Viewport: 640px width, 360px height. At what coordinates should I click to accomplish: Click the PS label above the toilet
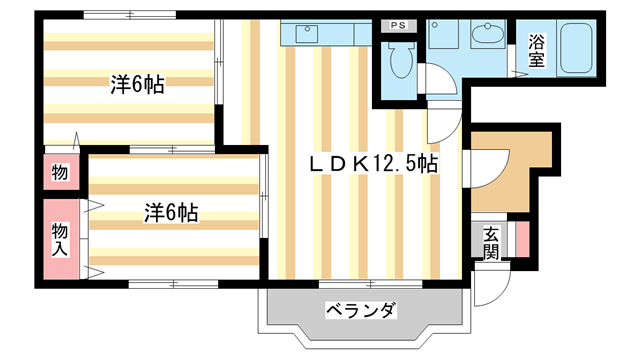pos(398,26)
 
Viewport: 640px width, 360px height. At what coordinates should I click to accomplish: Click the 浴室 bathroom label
pos(535,51)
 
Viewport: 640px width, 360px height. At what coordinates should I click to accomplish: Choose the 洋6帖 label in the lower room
pos(170,212)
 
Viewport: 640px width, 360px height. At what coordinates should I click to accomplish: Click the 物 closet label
pos(59,172)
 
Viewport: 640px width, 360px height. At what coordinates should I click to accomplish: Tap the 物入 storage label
pos(59,241)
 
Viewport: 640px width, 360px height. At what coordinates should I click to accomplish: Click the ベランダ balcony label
pos(361,309)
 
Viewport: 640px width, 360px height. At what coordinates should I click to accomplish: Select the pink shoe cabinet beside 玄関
pos(520,239)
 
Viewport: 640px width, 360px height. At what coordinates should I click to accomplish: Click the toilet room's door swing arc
pos(438,81)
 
